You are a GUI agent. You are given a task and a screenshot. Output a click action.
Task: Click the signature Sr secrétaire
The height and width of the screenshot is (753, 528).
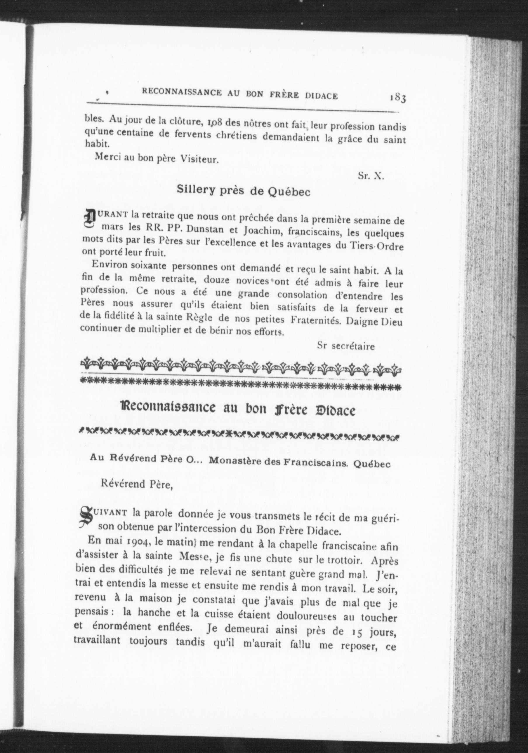coord(346,346)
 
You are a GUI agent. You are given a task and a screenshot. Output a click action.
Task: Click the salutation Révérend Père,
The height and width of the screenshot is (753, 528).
coord(137,484)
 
